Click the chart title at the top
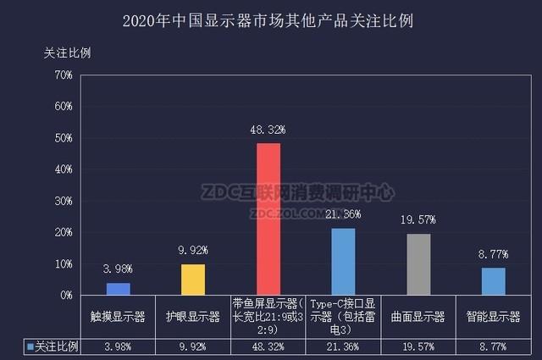270,19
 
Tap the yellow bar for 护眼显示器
193,280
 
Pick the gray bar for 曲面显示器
418,264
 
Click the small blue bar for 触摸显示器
119,289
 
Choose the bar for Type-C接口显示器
343,262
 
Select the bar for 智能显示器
493,281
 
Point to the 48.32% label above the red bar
268,130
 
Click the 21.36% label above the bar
343,214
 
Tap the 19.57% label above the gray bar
418,220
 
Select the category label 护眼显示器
193,318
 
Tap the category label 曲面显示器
418,318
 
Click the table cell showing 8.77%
493,347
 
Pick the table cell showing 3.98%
119,347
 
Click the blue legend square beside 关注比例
30,347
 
